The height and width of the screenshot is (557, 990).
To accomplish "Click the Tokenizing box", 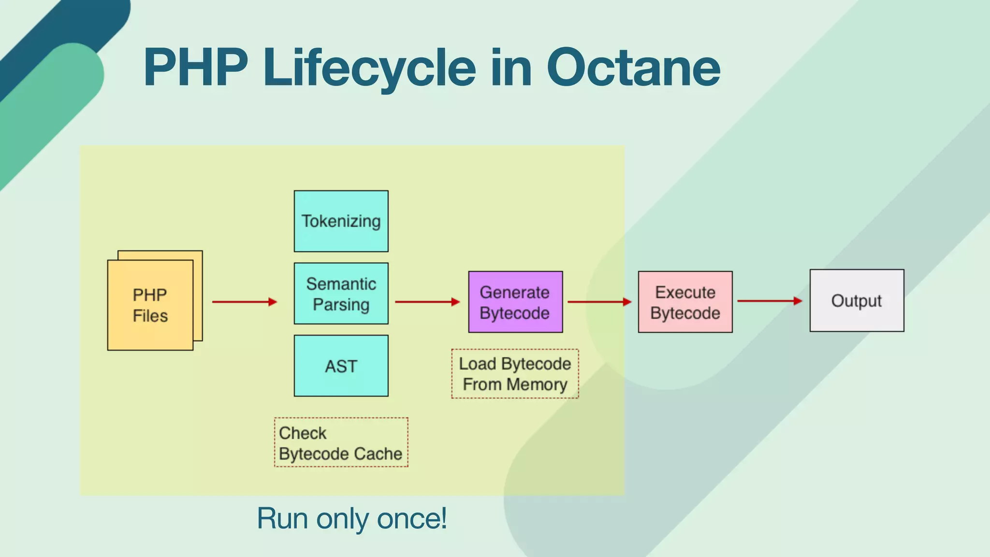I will click(341, 221).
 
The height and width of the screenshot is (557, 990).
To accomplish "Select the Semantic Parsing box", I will click(341, 293).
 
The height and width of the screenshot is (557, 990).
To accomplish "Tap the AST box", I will click(341, 366).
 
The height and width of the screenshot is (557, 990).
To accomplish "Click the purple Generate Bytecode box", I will click(515, 302).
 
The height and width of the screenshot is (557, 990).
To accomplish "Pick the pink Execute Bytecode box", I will click(685, 302).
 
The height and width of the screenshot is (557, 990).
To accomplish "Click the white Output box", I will click(857, 301).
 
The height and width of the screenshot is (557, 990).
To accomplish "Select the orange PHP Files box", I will click(150, 305).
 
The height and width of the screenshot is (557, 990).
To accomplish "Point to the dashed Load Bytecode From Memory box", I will click(515, 374).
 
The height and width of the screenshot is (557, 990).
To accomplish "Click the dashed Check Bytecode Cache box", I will click(341, 442).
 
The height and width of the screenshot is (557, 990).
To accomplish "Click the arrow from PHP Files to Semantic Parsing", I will click(244, 302).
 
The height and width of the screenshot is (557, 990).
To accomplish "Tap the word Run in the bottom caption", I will click(282, 518).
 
